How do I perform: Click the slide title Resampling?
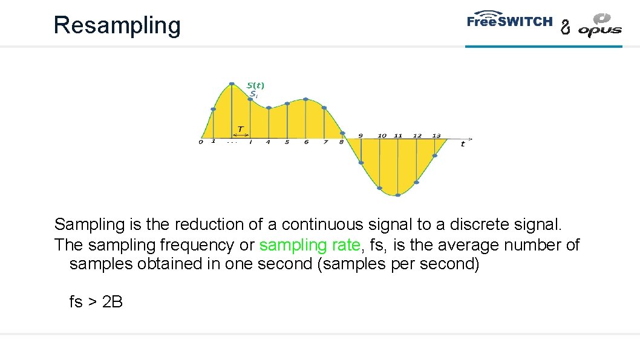point(117,25)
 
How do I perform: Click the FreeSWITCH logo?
point(509,21)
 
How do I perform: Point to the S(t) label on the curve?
point(255,85)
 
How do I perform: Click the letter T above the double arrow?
point(240,129)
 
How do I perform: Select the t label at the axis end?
point(463,144)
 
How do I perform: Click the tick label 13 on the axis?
point(436,136)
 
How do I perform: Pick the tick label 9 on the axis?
point(361,136)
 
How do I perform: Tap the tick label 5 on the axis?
point(287,142)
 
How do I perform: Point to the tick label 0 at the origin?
point(201,142)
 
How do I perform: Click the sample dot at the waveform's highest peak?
point(232,83)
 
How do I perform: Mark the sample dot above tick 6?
point(305,99)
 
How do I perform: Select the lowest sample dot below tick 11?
point(397,195)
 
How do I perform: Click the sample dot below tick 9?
point(361,163)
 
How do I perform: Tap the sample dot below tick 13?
point(435,155)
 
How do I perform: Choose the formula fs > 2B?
point(96,301)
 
